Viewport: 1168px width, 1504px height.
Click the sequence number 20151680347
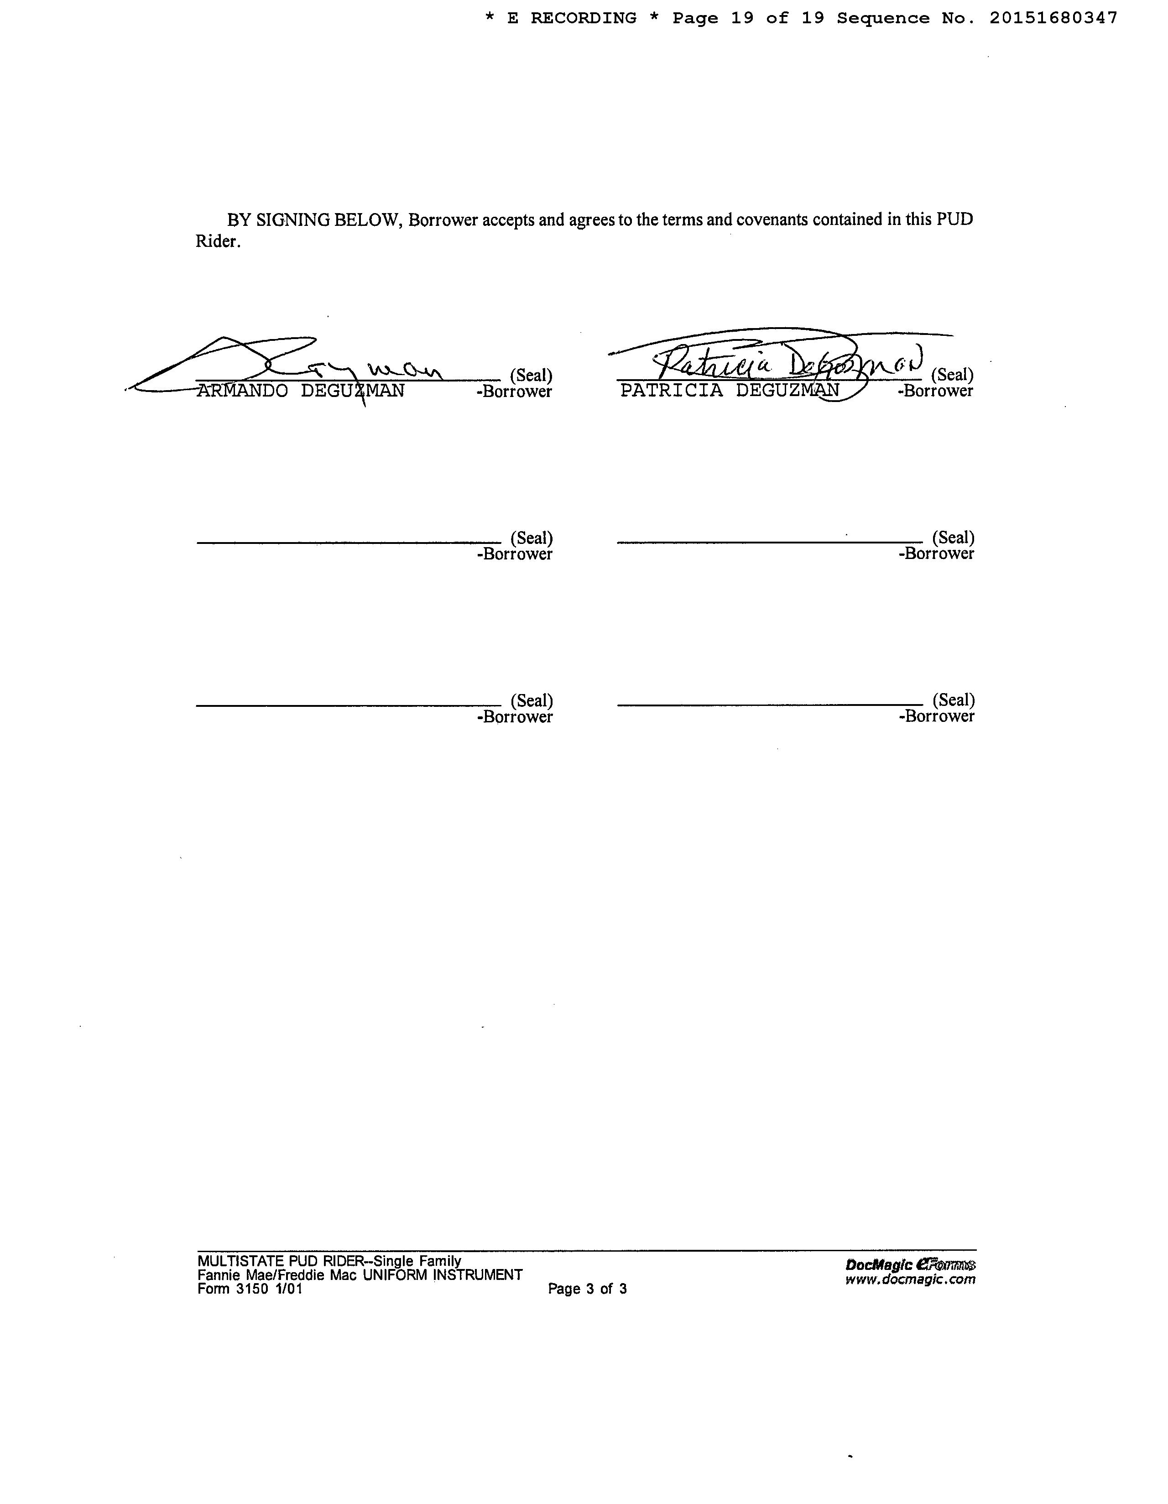coord(1053,19)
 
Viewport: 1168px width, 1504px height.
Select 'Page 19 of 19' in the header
coord(748,19)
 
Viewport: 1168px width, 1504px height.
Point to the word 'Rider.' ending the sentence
coord(218,242)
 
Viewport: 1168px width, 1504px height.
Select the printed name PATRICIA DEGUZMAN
coord(729,391)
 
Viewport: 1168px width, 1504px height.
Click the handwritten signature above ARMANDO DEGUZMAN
coord(289,365)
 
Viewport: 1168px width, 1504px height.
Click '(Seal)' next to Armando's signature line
coord(531,375)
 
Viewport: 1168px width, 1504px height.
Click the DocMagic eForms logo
coord(910,1264)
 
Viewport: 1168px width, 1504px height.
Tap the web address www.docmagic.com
coord(910,1279)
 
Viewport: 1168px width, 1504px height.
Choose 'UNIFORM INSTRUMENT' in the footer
coord(442,1274)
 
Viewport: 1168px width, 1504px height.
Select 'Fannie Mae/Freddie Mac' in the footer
coord(277,1274)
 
